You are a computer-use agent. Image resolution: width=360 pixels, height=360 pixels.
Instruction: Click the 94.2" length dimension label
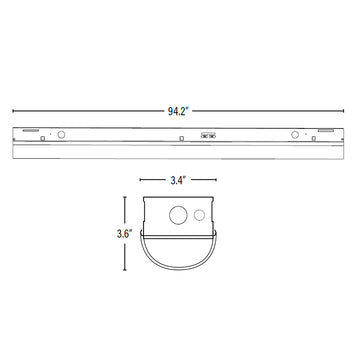pyautogui.click(x=178, y=111)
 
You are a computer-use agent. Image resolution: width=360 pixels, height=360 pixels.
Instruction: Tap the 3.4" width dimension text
pyautogui.click(x=178, y=180)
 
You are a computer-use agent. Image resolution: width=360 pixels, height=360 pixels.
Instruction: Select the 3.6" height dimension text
pyautogui.click(x=124, y=234)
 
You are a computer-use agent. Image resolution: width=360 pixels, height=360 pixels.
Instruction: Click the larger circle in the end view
pyautogui.click(x=178, y=215)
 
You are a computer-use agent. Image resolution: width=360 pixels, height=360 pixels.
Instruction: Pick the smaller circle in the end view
pyautogui.click(x=199, y=215)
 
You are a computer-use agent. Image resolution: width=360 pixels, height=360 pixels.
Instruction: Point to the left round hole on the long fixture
pyautogui.click(x=61, y=135)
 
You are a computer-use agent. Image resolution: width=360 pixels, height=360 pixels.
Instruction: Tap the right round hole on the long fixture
pyautogui.click(x=295, y=135)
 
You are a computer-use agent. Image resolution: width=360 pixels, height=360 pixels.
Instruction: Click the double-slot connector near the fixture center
pyautogui.click(x=208, y=135)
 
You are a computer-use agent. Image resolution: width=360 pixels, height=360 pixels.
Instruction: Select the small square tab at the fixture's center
pyautogui.click(x=182, y=138)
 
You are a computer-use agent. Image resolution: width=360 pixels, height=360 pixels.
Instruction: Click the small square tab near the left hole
pyautogui.click(x=42, y=138)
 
